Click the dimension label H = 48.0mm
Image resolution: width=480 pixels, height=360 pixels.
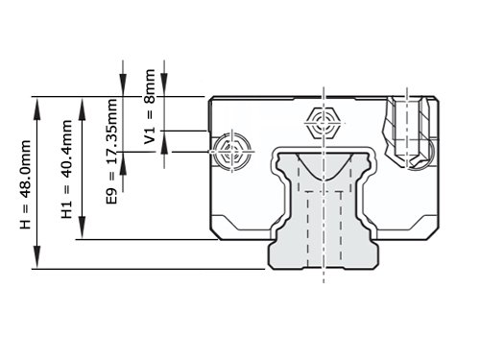(26, 184)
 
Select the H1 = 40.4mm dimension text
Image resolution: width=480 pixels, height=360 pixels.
(66, 169)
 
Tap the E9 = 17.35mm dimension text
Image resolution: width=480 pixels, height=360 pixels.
(112, 152)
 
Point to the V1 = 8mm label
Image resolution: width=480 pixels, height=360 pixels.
(150, 107)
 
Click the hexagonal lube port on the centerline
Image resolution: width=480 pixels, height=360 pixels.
(324, 123)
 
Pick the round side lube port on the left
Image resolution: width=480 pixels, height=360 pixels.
(232, 151)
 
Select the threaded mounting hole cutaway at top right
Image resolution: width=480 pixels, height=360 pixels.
(407, 132)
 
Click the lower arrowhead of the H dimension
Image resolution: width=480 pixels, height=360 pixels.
(37, 256)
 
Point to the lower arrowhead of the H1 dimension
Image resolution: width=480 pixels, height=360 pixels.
(83, 228)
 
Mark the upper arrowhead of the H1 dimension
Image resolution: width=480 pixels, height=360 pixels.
(83, 109)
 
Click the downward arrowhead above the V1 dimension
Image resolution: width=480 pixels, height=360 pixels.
(164, 84)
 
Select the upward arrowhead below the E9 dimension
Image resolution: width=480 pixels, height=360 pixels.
(123, 163)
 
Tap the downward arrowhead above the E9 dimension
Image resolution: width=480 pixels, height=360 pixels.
(123, 84)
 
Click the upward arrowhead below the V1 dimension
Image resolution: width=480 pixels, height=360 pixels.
(164, 143)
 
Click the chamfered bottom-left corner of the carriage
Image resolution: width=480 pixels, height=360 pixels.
(214, 234)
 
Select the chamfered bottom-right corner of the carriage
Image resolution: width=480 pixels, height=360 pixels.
(434, 233)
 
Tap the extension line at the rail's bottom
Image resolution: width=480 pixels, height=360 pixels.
(149, 269)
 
